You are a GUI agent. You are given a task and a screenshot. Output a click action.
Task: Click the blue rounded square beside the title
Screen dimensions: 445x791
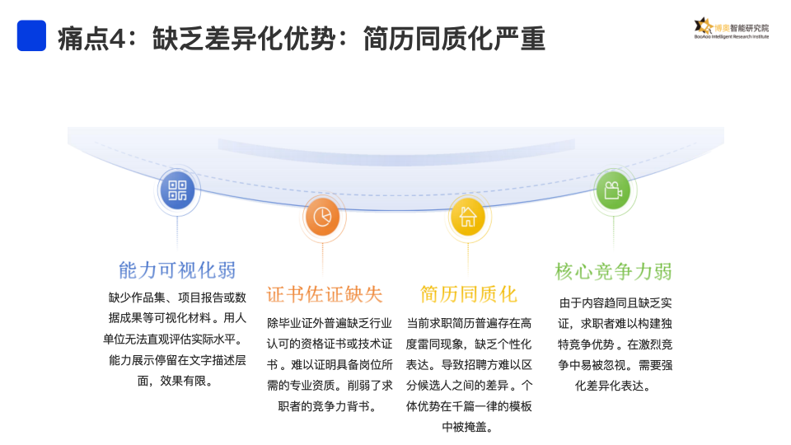point(31,36)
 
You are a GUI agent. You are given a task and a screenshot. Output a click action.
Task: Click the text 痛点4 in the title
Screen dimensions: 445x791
point(96,38)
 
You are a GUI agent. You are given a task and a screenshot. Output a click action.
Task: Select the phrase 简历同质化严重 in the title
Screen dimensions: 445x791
point(454,38)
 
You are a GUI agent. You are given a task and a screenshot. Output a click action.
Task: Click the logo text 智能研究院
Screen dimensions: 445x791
point(750,26)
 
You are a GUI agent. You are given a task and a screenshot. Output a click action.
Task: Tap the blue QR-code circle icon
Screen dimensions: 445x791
point(177,191)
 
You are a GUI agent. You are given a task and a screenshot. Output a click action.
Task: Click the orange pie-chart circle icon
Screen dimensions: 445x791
point(321,217)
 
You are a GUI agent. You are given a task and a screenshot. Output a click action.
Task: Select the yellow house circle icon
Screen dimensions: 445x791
point(467,217)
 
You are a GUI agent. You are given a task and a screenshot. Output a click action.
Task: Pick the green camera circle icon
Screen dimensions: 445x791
point(612,191)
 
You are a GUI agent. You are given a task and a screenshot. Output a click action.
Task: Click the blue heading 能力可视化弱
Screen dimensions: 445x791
point(177,269)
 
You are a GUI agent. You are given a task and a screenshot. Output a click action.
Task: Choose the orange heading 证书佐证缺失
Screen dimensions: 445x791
point(325,294)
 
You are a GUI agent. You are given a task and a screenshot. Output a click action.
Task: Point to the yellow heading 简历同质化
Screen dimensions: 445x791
point(468,294)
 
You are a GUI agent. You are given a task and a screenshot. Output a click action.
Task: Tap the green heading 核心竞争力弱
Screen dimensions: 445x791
point(613,271)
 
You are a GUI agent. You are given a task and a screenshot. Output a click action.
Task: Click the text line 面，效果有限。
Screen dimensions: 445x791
point(176,381)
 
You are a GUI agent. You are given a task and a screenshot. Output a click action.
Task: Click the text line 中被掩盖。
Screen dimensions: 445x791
point(468,427)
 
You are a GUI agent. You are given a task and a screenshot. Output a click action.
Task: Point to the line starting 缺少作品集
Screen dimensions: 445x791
point(177,297)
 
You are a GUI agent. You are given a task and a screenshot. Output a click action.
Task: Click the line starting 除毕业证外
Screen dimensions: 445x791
point(330,322)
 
